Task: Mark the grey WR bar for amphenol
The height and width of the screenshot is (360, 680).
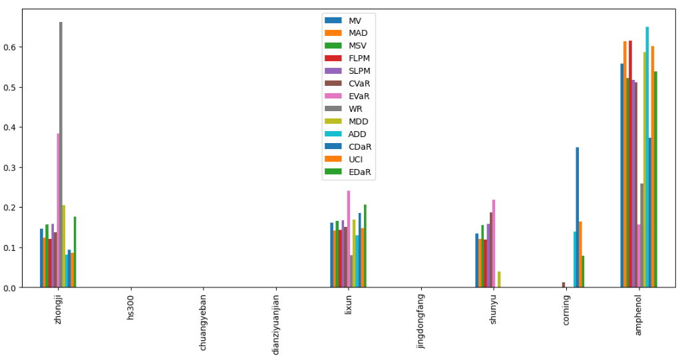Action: [x=641, y=236]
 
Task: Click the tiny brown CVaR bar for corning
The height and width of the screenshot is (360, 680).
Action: [x=564, y=285]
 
